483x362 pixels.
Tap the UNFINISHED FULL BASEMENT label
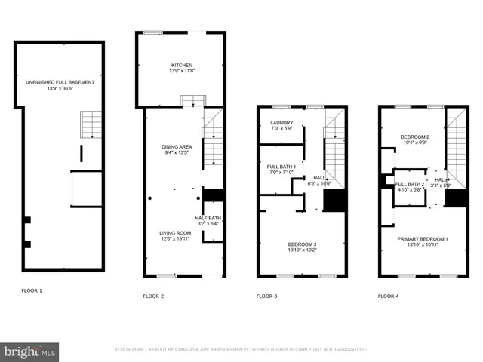60,82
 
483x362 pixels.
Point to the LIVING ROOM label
175,233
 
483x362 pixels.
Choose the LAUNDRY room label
281,123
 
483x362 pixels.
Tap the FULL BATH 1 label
280,167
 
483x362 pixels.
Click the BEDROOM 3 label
302,244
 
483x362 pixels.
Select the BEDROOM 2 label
414,137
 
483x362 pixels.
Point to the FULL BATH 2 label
411,184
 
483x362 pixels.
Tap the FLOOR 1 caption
32,290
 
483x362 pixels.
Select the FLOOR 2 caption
153,296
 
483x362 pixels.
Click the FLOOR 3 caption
267,296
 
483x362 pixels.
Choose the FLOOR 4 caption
389,296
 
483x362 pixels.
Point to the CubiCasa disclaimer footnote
241,350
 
